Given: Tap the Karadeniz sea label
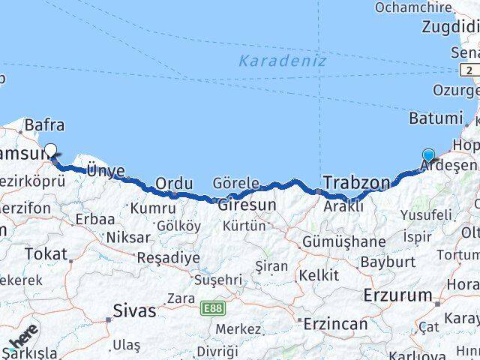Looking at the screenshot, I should pos(283,61).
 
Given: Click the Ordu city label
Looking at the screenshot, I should pos(174,183).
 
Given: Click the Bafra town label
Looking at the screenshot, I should pos(44,125).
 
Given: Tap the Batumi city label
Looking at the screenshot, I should pos(436,118).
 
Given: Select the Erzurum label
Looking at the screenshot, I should pos(398,295).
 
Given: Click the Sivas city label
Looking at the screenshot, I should pos(136,310).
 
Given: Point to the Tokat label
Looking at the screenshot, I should pos(46,253).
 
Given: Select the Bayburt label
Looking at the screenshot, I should pos(388,262).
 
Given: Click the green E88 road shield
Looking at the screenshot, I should pos(211,307).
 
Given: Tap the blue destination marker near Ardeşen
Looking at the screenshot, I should pos(428,156).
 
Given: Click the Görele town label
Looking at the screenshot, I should pos(235,183).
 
